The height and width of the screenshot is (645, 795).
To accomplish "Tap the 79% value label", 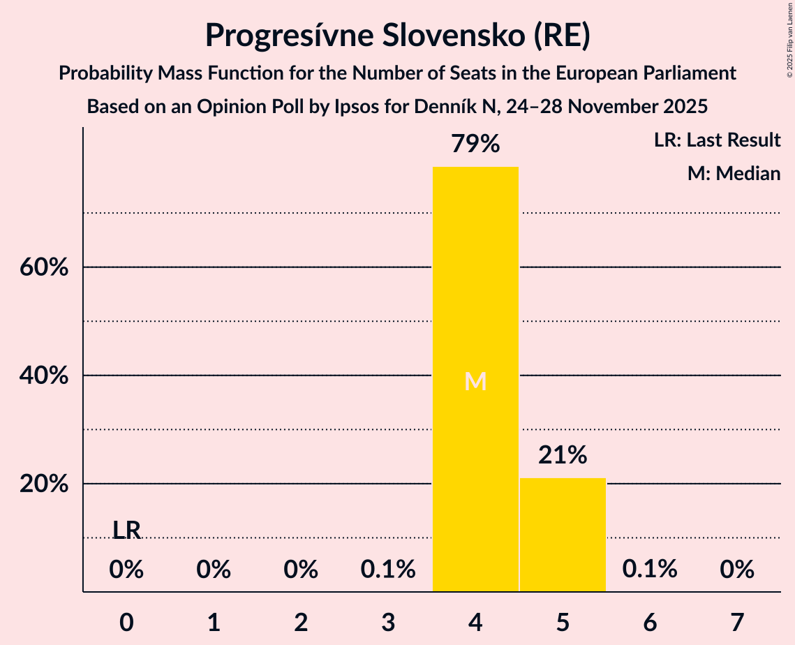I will point(475,144).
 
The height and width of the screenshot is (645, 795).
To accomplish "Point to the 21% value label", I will point(563,456).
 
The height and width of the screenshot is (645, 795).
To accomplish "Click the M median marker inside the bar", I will point(475,381).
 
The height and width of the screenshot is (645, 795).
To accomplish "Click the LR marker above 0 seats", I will point(126,531).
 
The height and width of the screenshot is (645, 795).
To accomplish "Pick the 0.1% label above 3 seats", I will point(388,570).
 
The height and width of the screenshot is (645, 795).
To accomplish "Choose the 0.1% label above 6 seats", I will point(650,570).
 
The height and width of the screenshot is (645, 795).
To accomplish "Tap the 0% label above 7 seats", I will point(737,570).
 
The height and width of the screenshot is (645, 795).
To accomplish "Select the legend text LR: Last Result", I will point(717,140).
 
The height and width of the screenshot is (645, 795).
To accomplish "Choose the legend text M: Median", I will point(734,173).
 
